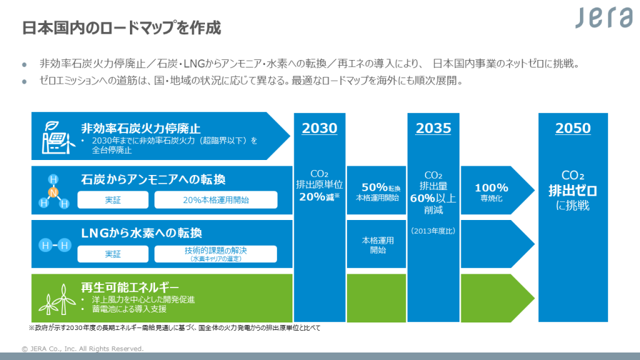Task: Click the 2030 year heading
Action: [x=319, y=129]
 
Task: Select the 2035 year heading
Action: [x=433, y=129]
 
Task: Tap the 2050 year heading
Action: [x=572, y=129]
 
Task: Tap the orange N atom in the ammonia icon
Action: [x=54, y=192]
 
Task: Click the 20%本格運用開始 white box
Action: [x=216, y=200]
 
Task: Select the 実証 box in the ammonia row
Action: [x=113, y=200]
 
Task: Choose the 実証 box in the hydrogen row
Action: [x=113, y=254]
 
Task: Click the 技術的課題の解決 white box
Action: [x=216, y=253]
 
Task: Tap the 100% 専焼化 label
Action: [x=491, y=191]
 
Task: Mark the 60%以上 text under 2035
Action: [x=433, y=198]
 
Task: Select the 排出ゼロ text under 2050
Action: [x=572, y=190]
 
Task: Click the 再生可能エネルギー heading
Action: [x=130, y=287]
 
